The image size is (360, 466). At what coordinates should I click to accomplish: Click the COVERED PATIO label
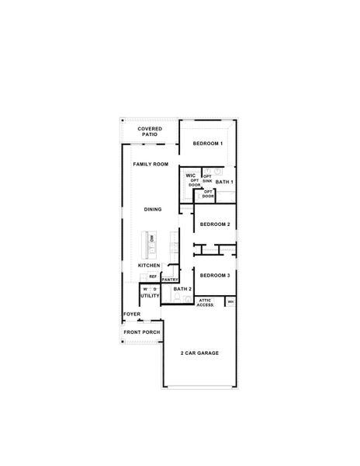point(149,131)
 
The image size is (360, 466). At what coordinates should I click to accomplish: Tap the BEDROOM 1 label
point(208,144)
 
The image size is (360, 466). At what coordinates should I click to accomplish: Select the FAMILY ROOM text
point(151,165)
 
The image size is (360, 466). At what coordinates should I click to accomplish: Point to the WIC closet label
point(190,176)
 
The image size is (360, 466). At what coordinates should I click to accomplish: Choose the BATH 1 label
point(224,182)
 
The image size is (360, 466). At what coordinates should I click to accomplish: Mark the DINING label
point(153,209)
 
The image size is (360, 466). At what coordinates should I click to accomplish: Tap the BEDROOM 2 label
point(214,224)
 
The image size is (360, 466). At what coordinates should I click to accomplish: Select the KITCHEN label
point(149,266)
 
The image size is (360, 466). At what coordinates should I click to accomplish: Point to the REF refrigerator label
point(153,276)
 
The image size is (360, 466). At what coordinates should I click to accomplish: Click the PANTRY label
point(171,280)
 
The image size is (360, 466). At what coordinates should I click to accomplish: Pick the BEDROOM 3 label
point(214,276)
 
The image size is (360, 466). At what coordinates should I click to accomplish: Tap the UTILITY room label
point(150,296)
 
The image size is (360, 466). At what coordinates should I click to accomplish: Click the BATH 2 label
point(182,289)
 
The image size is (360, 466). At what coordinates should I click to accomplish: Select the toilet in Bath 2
point(175,297)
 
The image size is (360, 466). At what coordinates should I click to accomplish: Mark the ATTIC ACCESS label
point(206,303)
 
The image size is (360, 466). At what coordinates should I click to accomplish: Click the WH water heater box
point(230,301)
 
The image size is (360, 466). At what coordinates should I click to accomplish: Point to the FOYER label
point(132,315)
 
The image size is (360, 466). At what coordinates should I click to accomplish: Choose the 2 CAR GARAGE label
point(199,353)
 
